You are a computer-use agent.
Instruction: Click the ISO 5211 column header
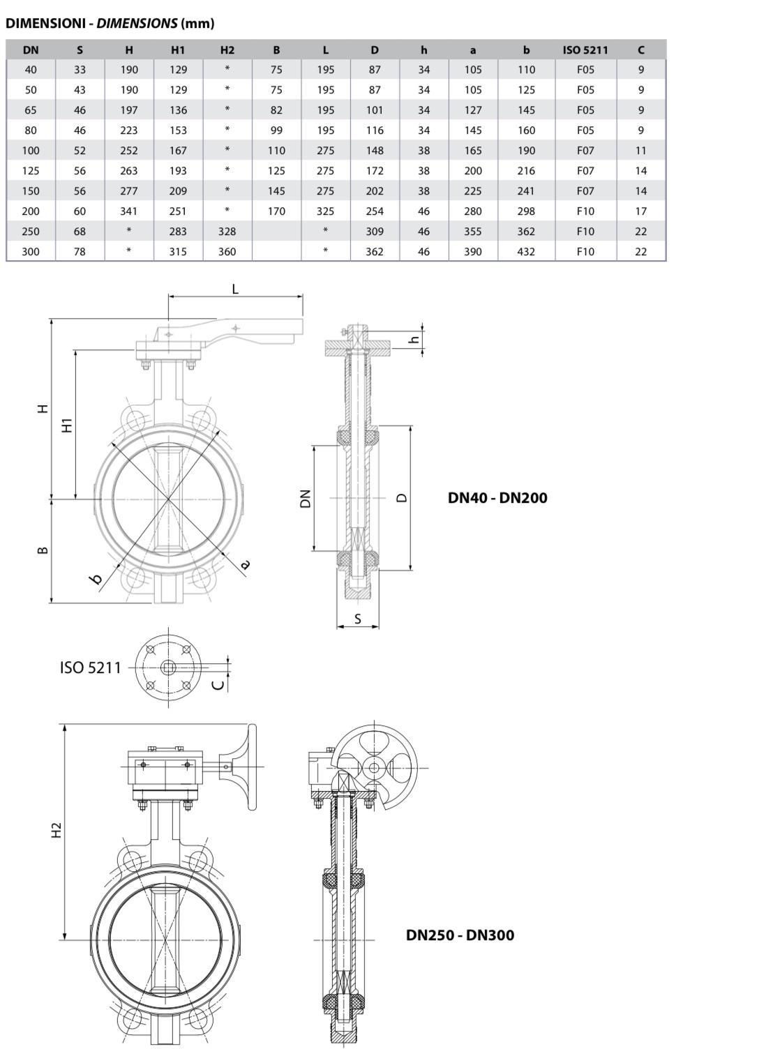tap(585, 50)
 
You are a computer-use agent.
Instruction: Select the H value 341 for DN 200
tap(129, 211)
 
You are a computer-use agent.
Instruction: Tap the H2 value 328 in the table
tap(227, 232)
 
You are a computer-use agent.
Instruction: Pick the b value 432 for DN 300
tap(526, 252)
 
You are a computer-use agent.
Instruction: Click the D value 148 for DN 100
tap(375, 151)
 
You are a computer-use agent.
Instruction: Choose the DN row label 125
tap(31, 170)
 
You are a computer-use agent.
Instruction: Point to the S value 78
tap(80, 252)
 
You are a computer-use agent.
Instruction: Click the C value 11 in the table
tap(640, 151)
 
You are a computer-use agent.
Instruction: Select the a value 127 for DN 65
tap(473, 110)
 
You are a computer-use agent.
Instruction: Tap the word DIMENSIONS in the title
tap(137, 23)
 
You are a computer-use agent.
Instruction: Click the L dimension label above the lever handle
tap(235, 289)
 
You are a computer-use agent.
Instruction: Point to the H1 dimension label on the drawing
tap(68, 425)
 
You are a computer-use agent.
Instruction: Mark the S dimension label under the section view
tap(358, 619)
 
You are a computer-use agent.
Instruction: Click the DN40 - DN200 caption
tap(497, 497)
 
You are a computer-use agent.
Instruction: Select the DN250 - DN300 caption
tap(460, 935)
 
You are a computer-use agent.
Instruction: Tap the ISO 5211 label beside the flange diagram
tap(91, 667)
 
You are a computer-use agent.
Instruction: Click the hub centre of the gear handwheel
tap(374, 767)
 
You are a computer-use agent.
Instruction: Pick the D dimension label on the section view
tap(402, 497)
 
